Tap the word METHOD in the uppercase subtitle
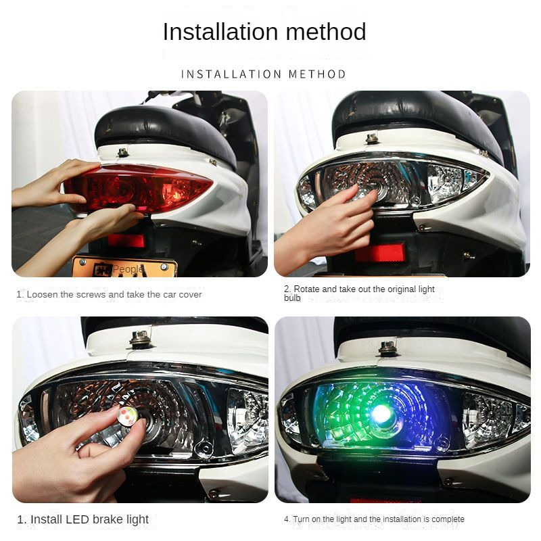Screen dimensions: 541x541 pyautogui.click(x=317, y=74)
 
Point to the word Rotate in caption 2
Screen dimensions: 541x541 pyautogui.click(x=308, y=289)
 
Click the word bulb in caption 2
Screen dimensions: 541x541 pyautogui.click(x=291, y=298)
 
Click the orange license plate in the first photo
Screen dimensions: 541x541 pyautogui.click(x=125, y=268)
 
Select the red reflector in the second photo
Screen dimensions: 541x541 pyautogui.click(x=380, y=252)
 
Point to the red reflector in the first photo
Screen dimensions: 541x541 pyautogui.click(x=126, y=240)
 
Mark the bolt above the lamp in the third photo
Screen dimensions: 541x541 pyautogui.click(x=140, y=339)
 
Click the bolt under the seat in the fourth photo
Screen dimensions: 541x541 pyautogui.click(x=387, y=348)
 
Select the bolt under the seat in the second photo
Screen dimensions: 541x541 pyautogui.click(x=371, y=139)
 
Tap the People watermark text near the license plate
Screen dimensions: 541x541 pyautogui.click(x=127, y=269)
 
